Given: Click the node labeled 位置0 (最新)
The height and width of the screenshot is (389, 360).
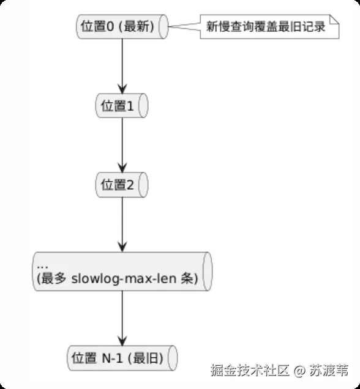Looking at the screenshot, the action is pos(122,26).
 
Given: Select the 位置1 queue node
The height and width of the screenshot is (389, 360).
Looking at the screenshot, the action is pos(122,105).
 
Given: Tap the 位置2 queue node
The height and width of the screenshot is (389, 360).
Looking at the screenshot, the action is pos(122,185).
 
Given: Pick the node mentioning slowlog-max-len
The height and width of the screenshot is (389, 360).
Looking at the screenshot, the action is pos(122,272).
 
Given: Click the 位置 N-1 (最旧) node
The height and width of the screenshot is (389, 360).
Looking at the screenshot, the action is pos(122,358).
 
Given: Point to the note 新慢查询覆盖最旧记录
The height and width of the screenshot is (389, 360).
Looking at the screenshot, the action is pos(269,26).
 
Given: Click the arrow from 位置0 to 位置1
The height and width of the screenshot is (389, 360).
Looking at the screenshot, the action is pos(122,66).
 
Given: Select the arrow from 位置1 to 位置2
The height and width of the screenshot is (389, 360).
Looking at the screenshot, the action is pos(122,145).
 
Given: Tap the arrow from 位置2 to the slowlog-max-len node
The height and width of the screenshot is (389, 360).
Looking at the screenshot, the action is pos(122,224).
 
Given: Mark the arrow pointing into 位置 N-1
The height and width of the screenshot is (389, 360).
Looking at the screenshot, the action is pos(122,318).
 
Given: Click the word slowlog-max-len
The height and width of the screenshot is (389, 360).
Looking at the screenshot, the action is pos(124,279).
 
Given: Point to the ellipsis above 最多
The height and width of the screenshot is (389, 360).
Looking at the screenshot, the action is pos(42,267).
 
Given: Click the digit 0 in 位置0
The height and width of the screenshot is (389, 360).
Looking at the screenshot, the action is pos(110,26).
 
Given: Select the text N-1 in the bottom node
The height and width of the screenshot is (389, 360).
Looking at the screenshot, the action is pos(113,358).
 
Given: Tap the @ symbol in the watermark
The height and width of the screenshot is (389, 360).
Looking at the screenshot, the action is pos(299,371).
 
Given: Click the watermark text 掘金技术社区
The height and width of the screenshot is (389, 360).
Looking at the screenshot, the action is pos(250,371).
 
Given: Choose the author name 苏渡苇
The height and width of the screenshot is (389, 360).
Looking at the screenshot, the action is pos(329,371).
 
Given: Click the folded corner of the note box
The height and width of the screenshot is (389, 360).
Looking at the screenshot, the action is pos(334,20).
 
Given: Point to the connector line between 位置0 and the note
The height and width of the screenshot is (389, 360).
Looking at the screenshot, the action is pos(184,26).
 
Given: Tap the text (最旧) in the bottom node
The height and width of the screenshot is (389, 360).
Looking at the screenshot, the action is pos(146,358).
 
